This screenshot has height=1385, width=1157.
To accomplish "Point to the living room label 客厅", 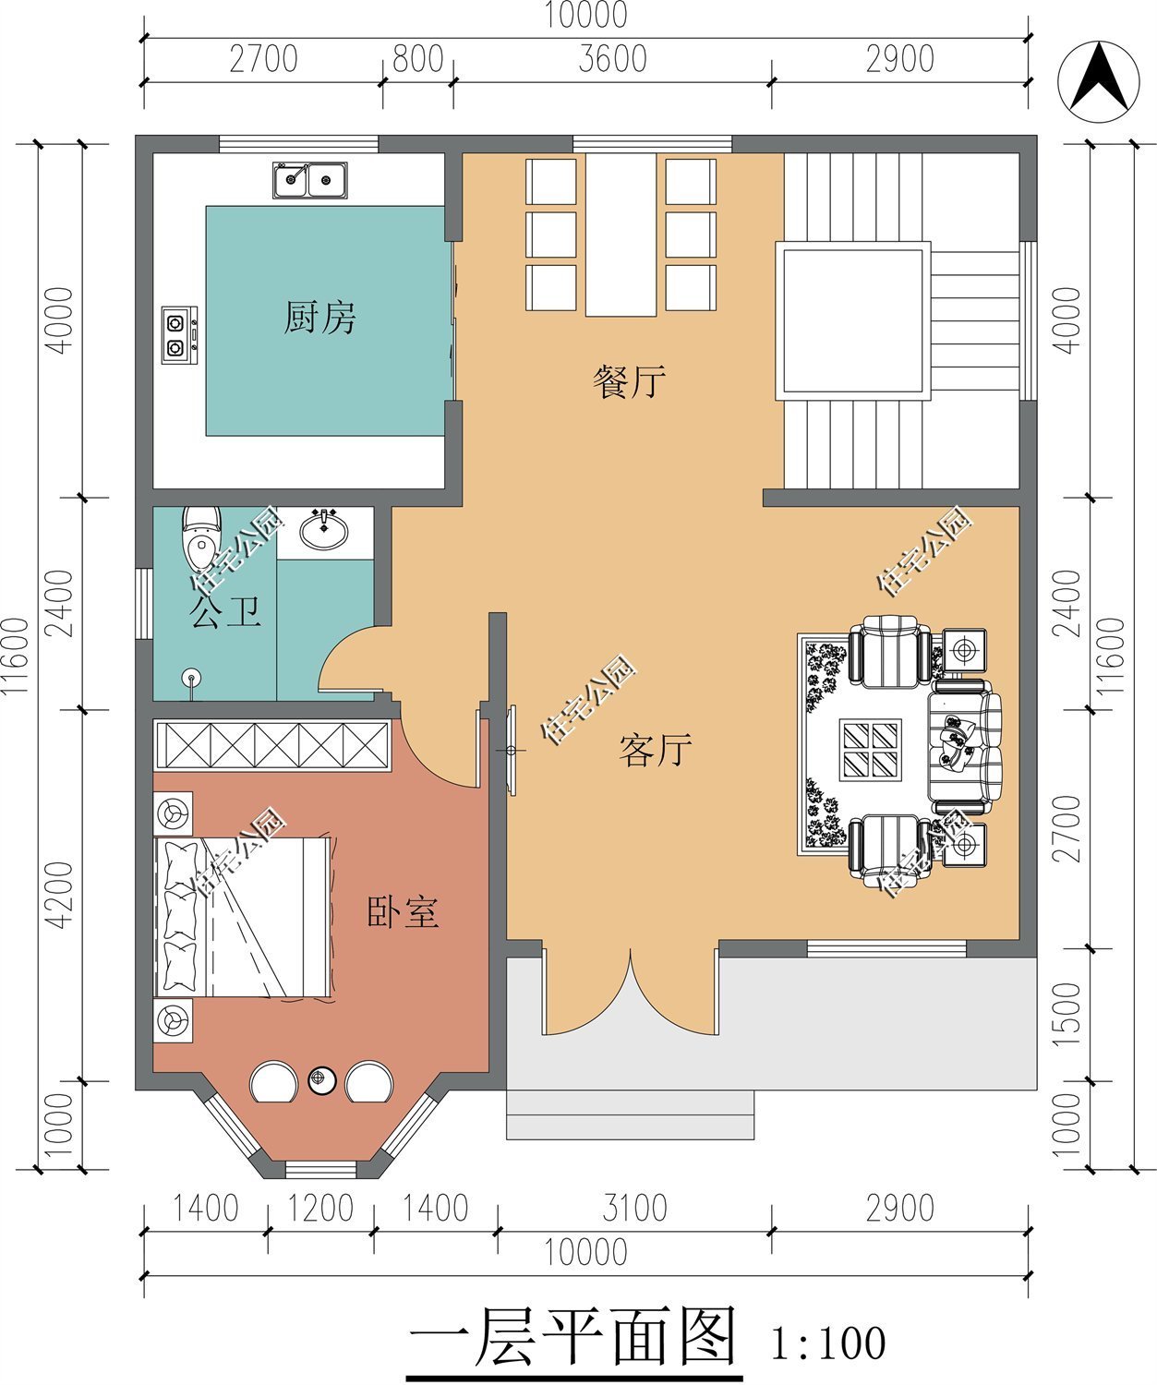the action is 655,750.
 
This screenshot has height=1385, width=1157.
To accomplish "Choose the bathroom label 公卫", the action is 225,611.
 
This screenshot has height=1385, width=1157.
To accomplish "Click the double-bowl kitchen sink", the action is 310,180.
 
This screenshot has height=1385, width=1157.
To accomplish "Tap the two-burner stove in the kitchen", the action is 180,334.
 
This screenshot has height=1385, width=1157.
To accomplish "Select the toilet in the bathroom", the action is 201,538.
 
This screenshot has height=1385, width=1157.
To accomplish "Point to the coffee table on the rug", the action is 871,750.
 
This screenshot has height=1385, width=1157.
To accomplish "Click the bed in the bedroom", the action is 242,918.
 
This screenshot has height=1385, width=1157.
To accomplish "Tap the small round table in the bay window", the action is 321,1081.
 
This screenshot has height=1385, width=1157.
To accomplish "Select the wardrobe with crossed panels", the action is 272,745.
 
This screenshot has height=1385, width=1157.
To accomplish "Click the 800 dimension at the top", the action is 418,59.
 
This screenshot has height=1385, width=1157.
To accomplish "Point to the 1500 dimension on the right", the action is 1067,1014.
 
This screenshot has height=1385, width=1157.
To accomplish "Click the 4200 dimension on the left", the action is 60,895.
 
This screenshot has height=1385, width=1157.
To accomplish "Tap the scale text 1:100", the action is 828,1343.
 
